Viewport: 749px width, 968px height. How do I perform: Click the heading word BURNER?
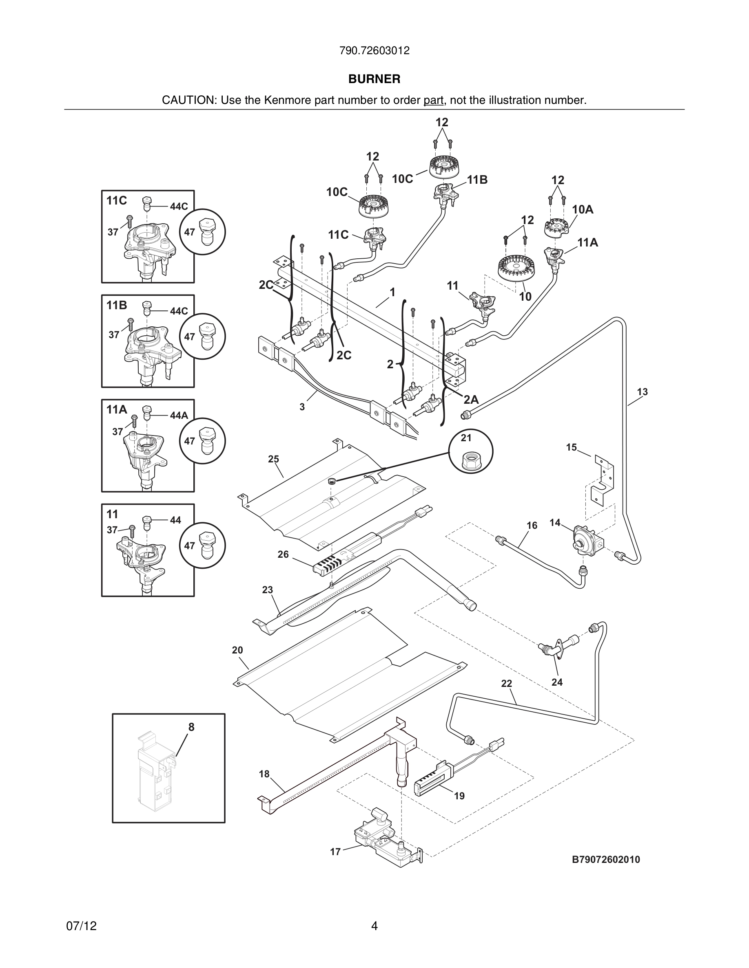click(x=374, y=79)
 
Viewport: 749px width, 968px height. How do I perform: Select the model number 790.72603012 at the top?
click(x=374, y=51)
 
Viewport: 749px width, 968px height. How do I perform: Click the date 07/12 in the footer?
click(x=81, y=926)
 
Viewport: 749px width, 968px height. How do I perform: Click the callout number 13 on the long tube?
click(x=642, y=392)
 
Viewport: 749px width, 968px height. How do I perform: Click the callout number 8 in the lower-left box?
click(x=191, y=727)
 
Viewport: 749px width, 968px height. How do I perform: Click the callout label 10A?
click(x=583, y=209)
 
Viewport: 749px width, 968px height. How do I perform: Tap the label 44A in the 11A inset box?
click(x=179, y=415)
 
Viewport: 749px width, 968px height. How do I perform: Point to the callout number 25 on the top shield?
click(x=273, y=459)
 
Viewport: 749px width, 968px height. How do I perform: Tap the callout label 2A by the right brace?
click(x=471, y=399)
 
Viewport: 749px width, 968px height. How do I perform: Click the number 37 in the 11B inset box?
click(x=114, y=334)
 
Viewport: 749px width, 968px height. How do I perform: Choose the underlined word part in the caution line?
click(x=433, y=100)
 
